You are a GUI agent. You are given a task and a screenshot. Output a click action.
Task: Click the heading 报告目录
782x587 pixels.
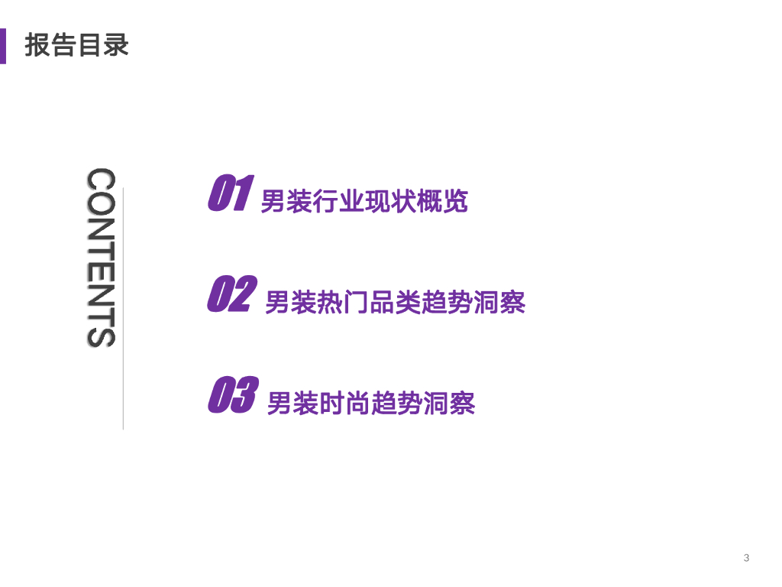point(77,44)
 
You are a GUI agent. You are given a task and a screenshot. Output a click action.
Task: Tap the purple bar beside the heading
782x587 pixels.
point(3,45)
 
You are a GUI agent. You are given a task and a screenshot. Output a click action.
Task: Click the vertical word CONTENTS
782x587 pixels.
point(101,258)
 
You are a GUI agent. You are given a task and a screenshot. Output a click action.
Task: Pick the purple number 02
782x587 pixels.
point(230,294)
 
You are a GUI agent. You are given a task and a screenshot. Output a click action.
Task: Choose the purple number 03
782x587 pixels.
point(231,394)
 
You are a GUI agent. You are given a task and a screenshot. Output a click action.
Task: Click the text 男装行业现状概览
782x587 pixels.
point(364,202)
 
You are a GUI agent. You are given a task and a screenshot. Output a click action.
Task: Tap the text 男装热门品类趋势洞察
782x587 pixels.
point(395,303)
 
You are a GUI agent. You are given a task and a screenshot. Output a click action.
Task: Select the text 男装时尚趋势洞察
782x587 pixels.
point(370,403)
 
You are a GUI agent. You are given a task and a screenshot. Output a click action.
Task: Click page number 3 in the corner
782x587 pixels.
point(746,558)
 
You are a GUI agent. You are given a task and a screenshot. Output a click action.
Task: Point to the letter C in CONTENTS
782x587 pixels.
point(101,180)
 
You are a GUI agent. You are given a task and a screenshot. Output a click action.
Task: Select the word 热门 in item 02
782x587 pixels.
point(329,303)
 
